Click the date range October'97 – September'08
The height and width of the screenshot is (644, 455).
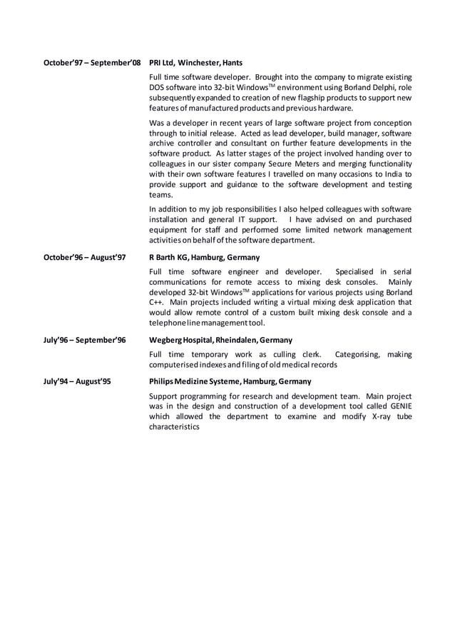[92, 63]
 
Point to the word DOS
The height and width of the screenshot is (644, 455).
[157, 87]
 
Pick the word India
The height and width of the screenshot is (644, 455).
[392, 173]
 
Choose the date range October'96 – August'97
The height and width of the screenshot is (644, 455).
[85, 257]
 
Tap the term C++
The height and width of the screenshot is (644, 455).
[156, 302]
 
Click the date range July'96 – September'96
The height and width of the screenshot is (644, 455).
[85, 340]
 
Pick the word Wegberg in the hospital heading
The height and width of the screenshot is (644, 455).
[167, 340]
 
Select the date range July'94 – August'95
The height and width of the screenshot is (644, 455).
[77, 381]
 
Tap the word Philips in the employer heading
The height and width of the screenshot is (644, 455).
[162, 381]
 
